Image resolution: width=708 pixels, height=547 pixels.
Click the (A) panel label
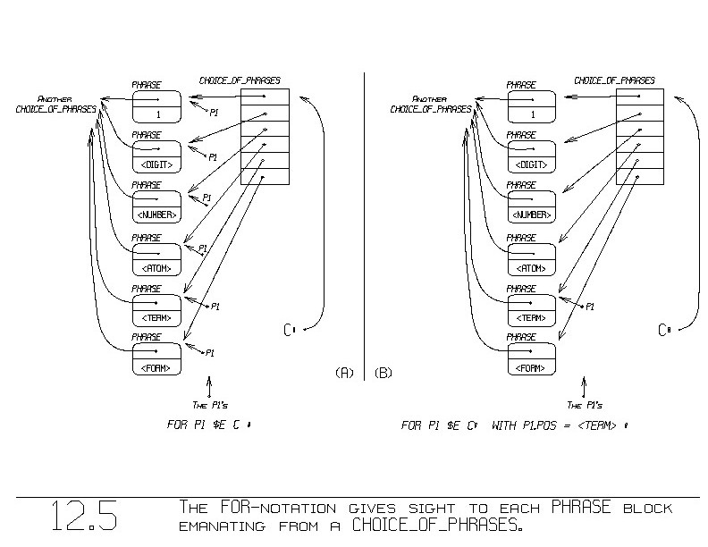tap(344, 371)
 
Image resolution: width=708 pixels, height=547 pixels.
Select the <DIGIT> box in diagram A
tap(156, 157)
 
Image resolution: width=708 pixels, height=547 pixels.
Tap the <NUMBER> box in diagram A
tap(156, 207)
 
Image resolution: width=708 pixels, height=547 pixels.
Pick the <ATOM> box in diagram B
tap(532, 258)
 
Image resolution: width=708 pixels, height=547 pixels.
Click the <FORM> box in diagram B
tap(532, 360)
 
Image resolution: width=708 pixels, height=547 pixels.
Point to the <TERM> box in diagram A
tap(156, 309)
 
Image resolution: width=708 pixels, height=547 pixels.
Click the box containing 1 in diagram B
tap(532, 106)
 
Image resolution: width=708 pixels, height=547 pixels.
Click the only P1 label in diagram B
tap(590, 307)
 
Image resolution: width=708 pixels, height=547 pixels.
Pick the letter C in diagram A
tap(289, 330)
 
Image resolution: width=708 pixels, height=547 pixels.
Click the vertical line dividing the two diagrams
tap(365, 223)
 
